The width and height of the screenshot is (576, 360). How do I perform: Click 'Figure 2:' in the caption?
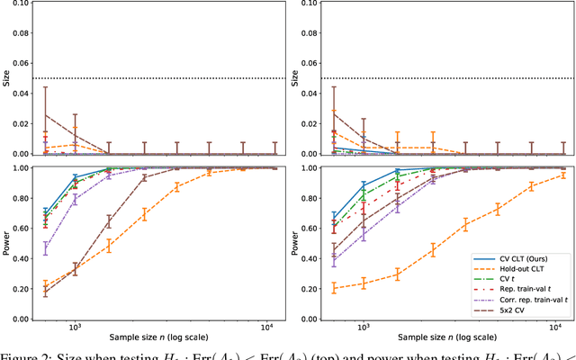point(25,355)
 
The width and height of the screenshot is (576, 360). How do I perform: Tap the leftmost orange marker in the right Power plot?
point(334,288)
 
